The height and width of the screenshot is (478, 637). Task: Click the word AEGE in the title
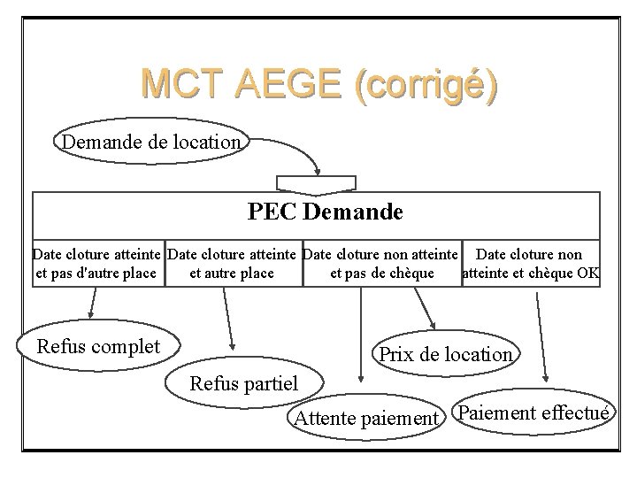click(293, 84)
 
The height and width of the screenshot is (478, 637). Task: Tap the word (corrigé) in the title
click(425, 85)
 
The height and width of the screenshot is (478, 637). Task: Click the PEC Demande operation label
click(326, 212)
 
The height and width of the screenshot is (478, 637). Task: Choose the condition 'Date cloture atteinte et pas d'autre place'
click(97, 264)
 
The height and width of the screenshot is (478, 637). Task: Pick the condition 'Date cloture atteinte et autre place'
click(234, 264)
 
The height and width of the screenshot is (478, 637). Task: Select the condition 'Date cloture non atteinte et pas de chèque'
click(381, 264)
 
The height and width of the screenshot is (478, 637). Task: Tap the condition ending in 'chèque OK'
click(531, 264)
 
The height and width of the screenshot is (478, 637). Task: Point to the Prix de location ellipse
click(445, 355)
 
